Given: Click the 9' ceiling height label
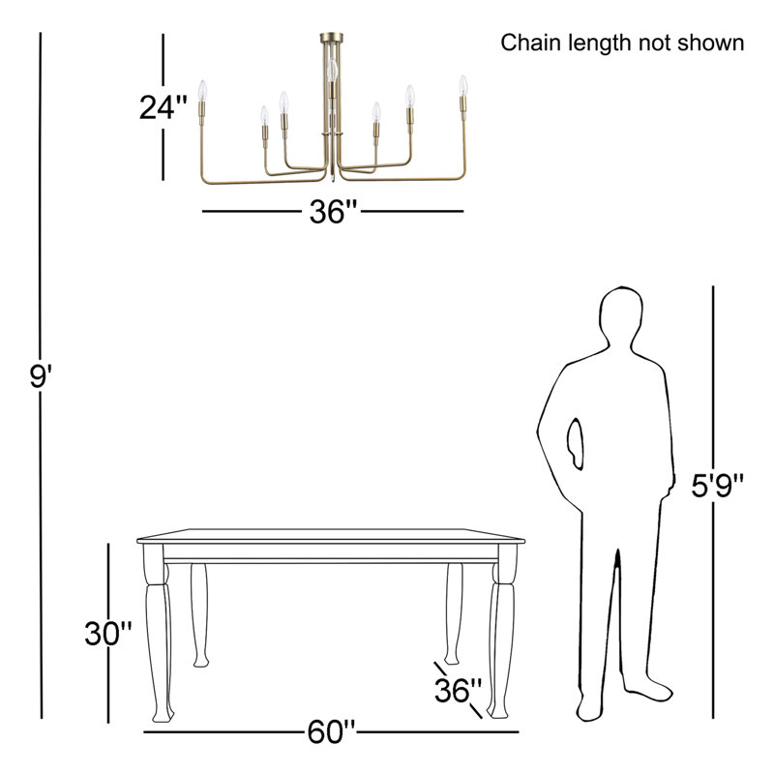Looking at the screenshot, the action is click(41, 376).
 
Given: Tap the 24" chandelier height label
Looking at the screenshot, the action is click(164, 107).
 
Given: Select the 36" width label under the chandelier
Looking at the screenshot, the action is click(333, 212).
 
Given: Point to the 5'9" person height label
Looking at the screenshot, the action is click(717, 486).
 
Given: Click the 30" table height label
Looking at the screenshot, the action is click(108, 634).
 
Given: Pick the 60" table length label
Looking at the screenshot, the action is click(331, 731).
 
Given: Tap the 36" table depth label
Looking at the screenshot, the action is click(458, 690).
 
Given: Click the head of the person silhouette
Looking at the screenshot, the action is click(621, 316).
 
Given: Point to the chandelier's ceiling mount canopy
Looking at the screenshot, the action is click(331, 38).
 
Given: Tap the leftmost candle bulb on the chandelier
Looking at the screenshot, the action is click(202, 91).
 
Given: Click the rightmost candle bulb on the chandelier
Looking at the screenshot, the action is click(462, 86).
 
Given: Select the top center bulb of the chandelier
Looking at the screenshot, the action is click(332, 71).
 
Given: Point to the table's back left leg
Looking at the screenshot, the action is click(199, 615).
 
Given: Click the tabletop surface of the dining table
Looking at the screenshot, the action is click(331, 536).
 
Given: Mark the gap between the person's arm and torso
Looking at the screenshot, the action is click(575, 443).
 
